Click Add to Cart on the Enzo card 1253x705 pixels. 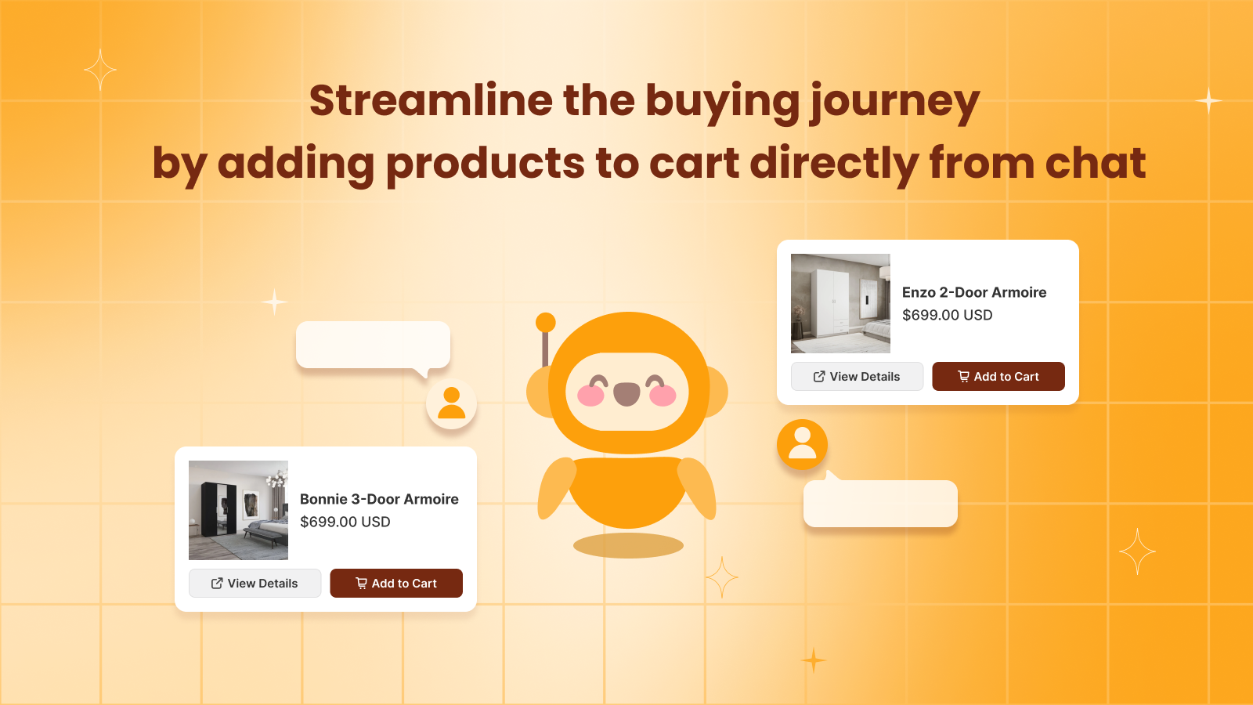click(x=998, y=376)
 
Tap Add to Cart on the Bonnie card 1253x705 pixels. click(x=395, y=583)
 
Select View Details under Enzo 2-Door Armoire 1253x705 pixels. click(x=857, y=376)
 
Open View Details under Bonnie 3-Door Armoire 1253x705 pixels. click(x=255, y=583)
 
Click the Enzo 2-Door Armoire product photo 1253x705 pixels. click(x=840, y=303)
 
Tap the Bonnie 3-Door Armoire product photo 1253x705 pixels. click(x=238, y=510)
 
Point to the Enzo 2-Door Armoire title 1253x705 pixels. click(x=973, y=292)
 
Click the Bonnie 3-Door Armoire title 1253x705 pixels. click(x=379, y=499)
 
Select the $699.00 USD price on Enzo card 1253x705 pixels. click(x=947, y=315)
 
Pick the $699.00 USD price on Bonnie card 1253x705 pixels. click(x=345, y=522)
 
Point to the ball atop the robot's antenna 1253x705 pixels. click(x=546, y=322)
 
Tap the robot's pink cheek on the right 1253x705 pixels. click(x=663, y=396)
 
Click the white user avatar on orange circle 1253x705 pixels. click(x=802, y=444)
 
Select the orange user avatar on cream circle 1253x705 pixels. click(x=451, y=403)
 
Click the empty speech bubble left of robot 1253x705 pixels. click(x=373, y=344)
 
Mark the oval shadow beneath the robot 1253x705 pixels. click(x=628, y=545)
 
